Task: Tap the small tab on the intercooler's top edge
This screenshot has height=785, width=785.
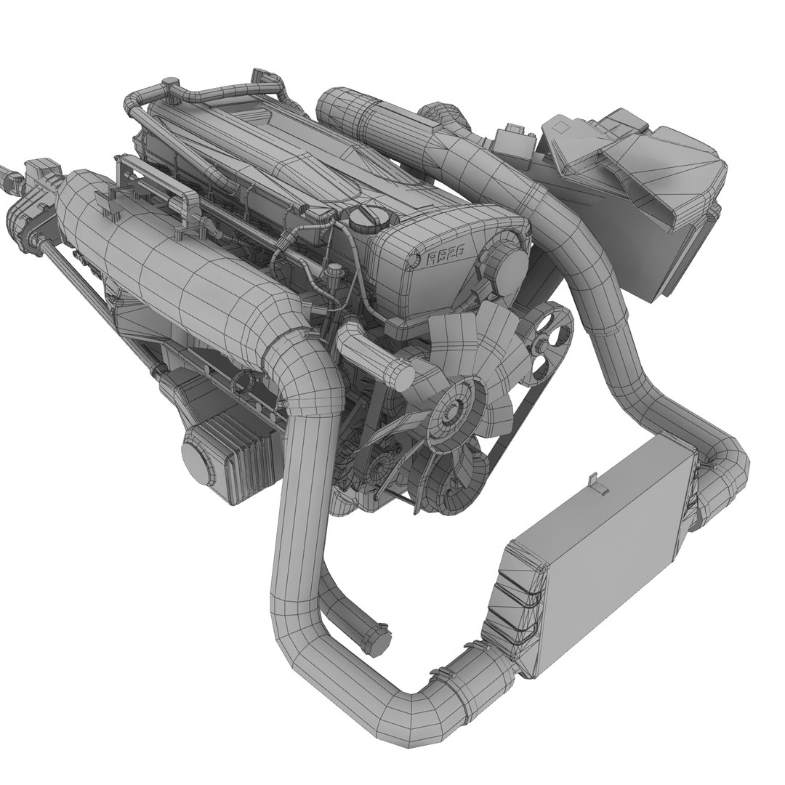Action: point(598,484)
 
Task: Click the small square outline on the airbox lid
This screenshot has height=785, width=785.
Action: point(562,126)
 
